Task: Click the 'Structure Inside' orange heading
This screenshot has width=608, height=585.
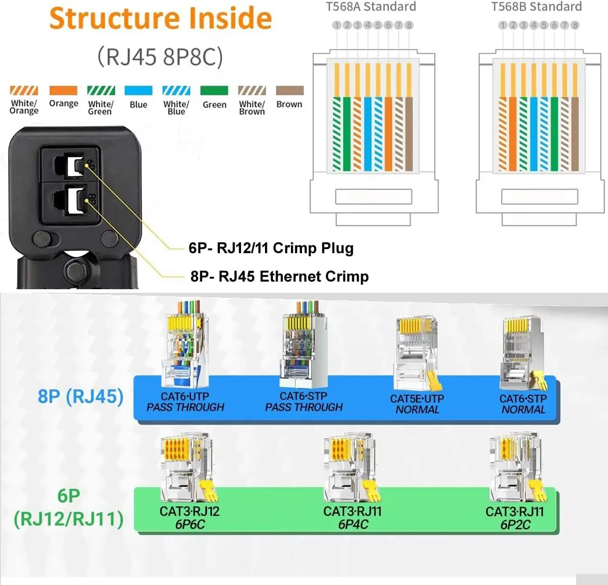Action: (x=161, y=19)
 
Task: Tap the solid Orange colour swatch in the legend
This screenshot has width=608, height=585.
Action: (x=63, y=91)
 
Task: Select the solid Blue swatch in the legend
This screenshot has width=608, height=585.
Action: (x=138, y=91)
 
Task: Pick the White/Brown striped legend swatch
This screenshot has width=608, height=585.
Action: (x=252, y=91)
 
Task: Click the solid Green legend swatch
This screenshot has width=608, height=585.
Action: (x=214, y=91)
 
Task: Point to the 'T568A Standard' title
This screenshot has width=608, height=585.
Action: (x=371, y=7)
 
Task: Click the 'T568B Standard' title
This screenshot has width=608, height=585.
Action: (x=537, y=7)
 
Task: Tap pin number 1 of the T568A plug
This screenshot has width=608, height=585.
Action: (x=337, y=25)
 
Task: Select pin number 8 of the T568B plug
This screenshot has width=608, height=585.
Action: (x=575, y=25)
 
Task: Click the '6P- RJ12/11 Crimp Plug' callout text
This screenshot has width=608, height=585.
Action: (x=271, y=248)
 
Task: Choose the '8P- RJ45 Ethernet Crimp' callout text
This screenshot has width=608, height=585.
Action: (x=279, y=277)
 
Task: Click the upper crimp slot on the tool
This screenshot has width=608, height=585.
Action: (x=70, y=166)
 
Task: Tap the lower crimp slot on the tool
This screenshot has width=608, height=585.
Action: (x=70, y=199)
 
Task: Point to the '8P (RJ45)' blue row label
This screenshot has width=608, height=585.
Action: (x=81, y=396)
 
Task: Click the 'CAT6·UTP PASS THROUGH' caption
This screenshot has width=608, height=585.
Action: (x=185, y=402)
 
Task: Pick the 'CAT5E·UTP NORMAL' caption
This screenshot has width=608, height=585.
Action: (x=417, y=404)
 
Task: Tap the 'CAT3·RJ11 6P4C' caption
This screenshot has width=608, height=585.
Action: (x=353, y=518)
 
